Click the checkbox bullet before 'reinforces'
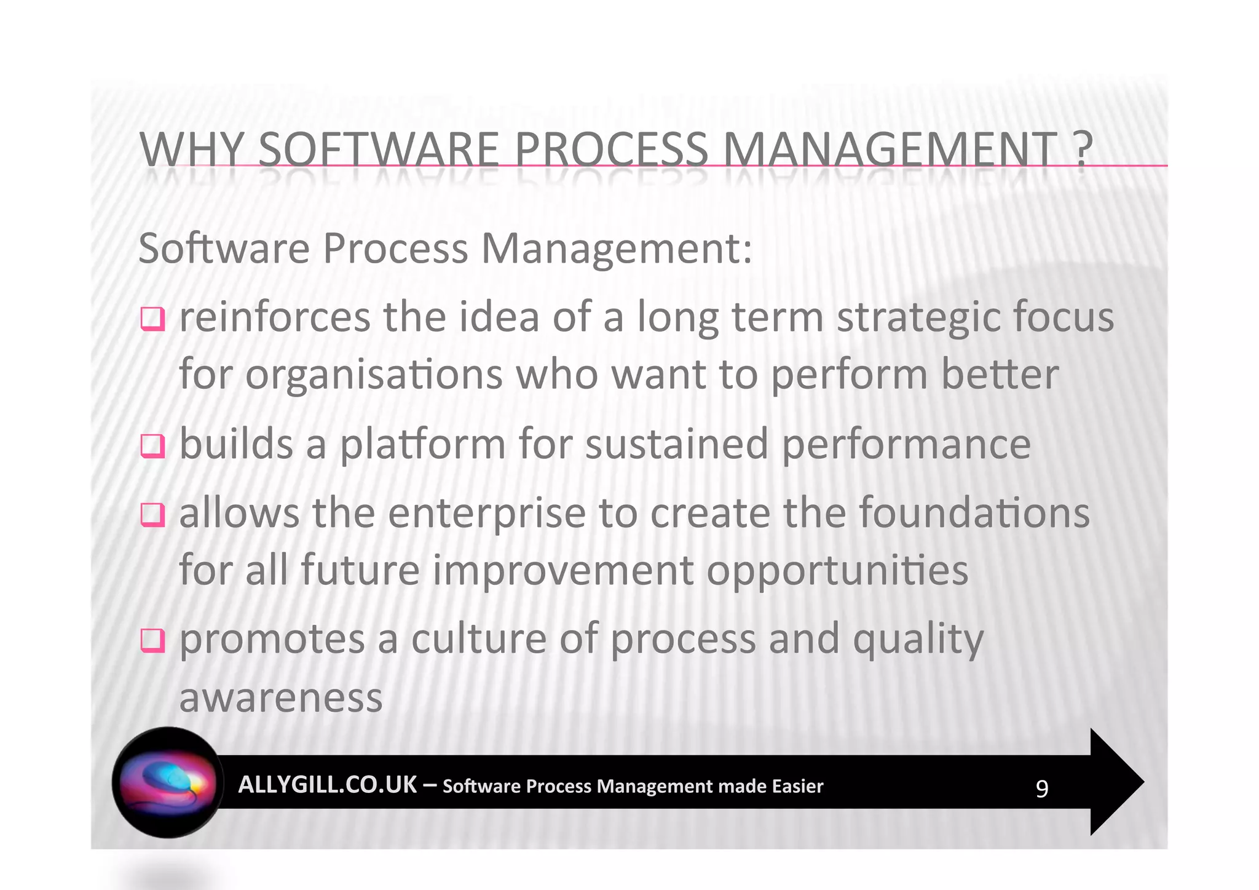[152, 319]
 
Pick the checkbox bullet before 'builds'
[152, 446]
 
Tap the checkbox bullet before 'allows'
[152, 515]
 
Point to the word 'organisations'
[374, 375]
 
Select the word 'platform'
[423, 444]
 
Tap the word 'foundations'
[974, 513]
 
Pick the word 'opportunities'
[837, 570]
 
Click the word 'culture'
[478, 638]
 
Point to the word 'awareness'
[281, 697]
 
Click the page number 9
[1041, 789]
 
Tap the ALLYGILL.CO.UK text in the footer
[327, 785]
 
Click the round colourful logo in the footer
[168, 782]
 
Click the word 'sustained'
[676, 444]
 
